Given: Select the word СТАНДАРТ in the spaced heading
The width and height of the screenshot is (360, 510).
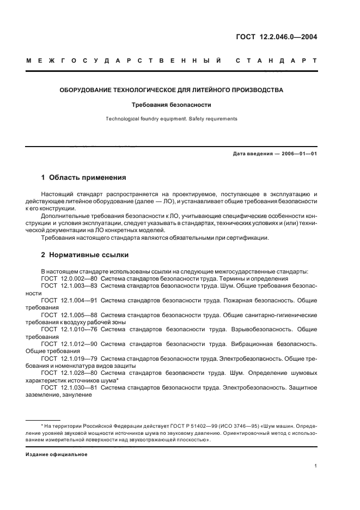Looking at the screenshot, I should (x=276, y=62).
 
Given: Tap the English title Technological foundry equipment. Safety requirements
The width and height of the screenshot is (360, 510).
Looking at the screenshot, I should (x=171, y=118).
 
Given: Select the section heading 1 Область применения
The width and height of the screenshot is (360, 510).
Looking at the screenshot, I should (x=84, y=177).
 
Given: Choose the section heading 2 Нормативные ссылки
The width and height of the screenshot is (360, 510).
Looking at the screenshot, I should (x=85, y=254).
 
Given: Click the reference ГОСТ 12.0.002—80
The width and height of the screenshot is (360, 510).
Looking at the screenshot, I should (x=69, y=278).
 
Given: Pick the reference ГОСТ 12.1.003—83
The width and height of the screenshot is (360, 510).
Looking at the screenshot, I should (x=69, y=286).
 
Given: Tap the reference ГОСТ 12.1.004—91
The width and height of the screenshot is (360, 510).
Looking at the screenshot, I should (x=69, y=300).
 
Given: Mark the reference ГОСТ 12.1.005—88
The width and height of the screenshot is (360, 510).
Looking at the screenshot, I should (x=69, y=315).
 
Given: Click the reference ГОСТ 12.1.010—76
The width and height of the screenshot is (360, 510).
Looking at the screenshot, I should (x=69, y=330).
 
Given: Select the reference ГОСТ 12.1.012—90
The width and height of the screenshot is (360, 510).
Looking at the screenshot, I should (x=69, y=344).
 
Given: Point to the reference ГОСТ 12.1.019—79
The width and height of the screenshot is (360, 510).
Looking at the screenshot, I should (x=69, y=359).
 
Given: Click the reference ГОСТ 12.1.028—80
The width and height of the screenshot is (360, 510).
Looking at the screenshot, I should (x=69, y=374).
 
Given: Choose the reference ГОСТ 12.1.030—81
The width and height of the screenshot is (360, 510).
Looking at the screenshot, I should (x=69, y=388).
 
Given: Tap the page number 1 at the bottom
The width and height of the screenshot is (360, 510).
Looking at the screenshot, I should (x=316, y=466).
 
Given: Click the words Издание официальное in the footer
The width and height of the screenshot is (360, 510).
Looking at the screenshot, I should (x=57, y=454).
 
